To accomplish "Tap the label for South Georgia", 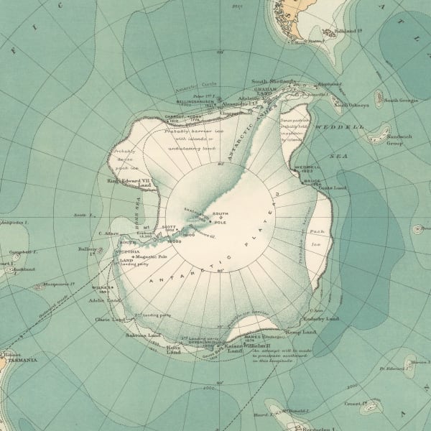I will click(401, 100).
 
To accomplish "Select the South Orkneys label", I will click(351, 106).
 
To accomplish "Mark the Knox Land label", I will click(173, 349).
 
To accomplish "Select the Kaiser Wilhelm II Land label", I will click(241, 348).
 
